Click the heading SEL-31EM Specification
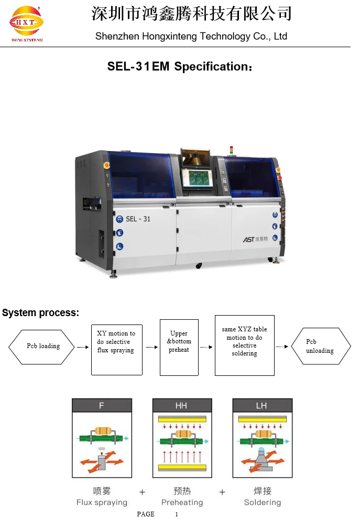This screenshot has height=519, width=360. (x=180, y=67)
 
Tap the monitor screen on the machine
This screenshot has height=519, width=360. (x=198, y=179)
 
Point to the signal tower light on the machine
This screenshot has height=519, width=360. (x=231, y=150)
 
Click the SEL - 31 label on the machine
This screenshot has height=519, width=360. (x=138, y=219)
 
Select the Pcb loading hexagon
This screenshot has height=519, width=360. (x=42, y=347)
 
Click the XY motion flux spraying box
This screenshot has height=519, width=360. (x=116, y=350)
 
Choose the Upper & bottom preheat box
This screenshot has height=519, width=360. (x=179, y=347)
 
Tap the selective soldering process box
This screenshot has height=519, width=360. (x=244, y=345)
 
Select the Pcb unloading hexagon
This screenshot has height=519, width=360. (x=321, y=347)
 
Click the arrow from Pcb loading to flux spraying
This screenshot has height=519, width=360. (x=83, y=347)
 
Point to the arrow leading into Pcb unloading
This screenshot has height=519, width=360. (x=282, y=347)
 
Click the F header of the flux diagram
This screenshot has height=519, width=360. (x=102, y=405)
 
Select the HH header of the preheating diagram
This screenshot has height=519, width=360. (x=181, y=405)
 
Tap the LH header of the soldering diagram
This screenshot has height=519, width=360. (x=262, y=405)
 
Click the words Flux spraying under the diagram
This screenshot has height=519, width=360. (x=102, y=502)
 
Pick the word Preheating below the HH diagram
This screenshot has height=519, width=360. (x=182, y=502)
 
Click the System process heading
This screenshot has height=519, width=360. (x=41, y=313)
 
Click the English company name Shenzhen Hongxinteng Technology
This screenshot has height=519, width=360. (x=191, y=36)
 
